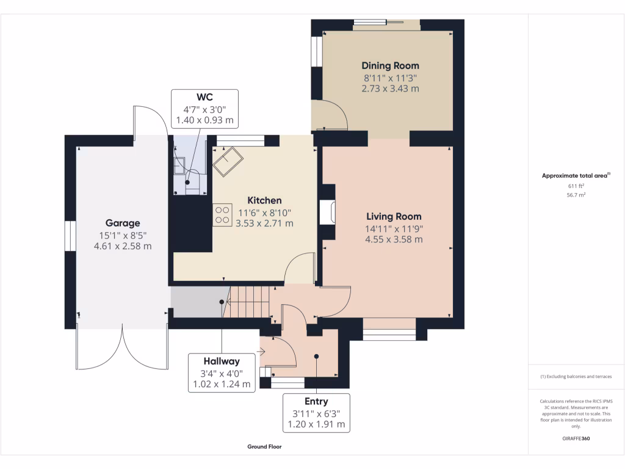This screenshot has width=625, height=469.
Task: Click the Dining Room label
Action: (390, 66)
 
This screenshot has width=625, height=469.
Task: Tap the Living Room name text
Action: (394, 217)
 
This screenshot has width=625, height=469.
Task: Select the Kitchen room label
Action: (264, 200)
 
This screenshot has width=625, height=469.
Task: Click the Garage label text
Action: (123, 224)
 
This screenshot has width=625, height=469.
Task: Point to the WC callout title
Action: (204, 97)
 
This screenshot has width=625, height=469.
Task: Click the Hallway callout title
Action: (222, 362)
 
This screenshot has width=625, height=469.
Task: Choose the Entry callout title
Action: (316, 402)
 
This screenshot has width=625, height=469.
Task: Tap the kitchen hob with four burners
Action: (222, 216)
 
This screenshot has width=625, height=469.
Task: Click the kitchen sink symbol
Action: (228, 161)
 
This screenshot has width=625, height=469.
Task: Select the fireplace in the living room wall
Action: (328, 212)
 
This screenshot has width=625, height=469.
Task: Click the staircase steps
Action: (247, 302)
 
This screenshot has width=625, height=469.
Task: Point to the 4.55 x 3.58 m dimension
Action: (394, 239)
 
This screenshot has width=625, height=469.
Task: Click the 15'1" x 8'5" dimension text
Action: (123, 236)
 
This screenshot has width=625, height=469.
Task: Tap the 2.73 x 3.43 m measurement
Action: (390, 89)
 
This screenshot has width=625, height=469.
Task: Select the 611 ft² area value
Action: (576, 186)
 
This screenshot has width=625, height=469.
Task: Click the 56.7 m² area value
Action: (576, 195)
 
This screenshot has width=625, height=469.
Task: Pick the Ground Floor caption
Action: (264, 446)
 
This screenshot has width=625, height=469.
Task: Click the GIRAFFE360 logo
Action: (576, 438)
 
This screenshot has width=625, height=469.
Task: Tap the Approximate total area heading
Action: (576, 175)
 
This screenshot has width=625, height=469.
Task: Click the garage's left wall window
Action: (71, 236)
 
